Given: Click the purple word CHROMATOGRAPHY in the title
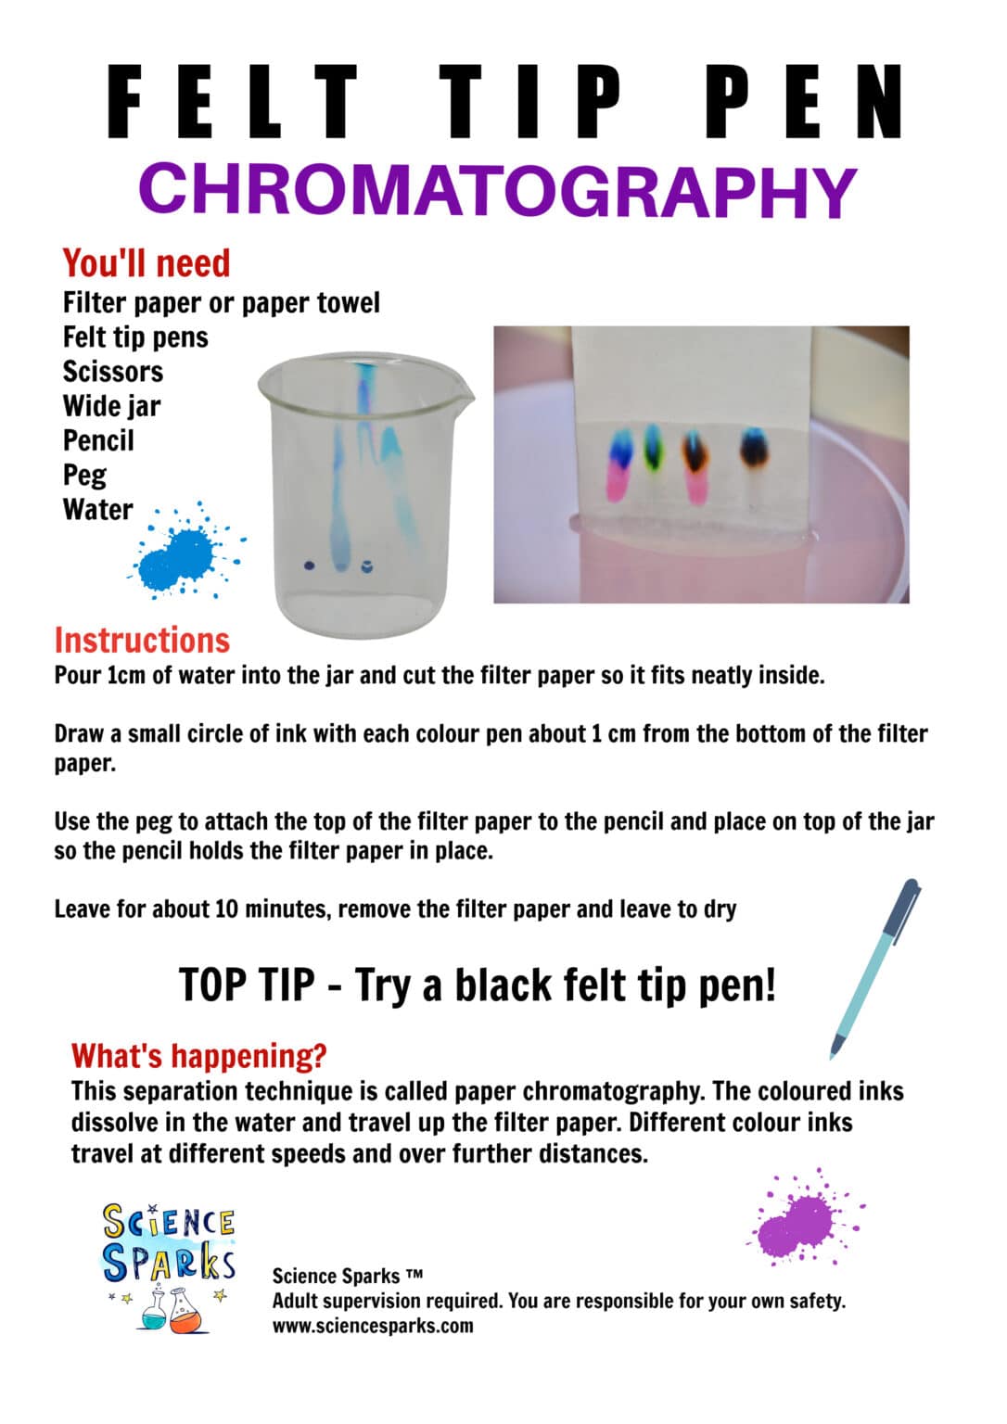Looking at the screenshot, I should (x=498, y=190).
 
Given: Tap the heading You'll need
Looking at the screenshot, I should (x=146, y=263).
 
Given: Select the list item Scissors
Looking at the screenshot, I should (x=112, y=372).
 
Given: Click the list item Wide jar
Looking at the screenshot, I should (x=111, y=406).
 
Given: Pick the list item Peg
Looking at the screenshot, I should (x=84, y=476).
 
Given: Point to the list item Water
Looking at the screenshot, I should (x=97, y=510).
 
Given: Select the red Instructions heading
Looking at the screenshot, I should (x=142, y=641).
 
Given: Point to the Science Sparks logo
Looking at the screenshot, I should (x=168, y=1266).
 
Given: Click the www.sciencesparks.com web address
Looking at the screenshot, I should (x=372, y=1326).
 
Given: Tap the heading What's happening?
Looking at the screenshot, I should (x=198, y=1056).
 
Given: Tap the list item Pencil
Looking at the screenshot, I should (x=98, y=441).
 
